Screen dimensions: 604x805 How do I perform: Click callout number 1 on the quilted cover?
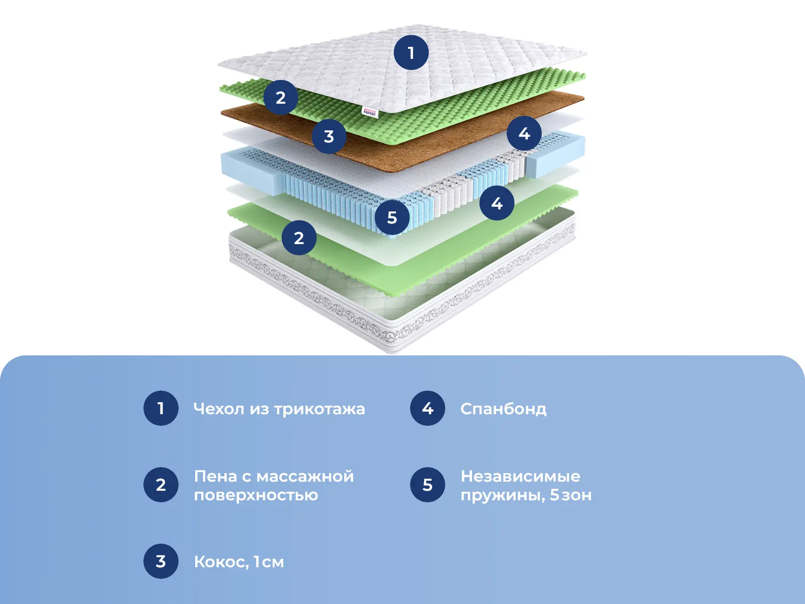[411, 52]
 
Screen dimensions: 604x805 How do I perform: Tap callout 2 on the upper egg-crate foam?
[281, 97]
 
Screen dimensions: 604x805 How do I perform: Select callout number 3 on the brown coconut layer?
[329, 136]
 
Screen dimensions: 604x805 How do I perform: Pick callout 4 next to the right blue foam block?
[524, 133]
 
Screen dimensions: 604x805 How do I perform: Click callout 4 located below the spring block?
[497, 203]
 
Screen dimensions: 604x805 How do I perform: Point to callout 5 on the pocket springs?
[392, 217]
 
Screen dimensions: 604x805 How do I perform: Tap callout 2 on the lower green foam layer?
[299, 238]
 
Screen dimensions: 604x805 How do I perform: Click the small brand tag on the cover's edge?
[369, 111]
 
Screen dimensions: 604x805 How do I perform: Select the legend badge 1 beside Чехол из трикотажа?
[161, 408]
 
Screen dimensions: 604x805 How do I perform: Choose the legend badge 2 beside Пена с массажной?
[161, 485]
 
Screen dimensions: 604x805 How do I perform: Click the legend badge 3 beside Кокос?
[161, 561]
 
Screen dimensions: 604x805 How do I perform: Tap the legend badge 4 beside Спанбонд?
[428, 408]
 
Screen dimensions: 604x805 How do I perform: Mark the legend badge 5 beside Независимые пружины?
[428, 485]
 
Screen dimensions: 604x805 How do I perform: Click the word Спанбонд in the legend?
[503, 409]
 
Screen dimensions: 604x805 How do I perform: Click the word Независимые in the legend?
[520, 476]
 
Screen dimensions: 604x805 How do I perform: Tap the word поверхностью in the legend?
[256, 495]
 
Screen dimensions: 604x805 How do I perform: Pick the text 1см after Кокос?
[268, 562]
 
